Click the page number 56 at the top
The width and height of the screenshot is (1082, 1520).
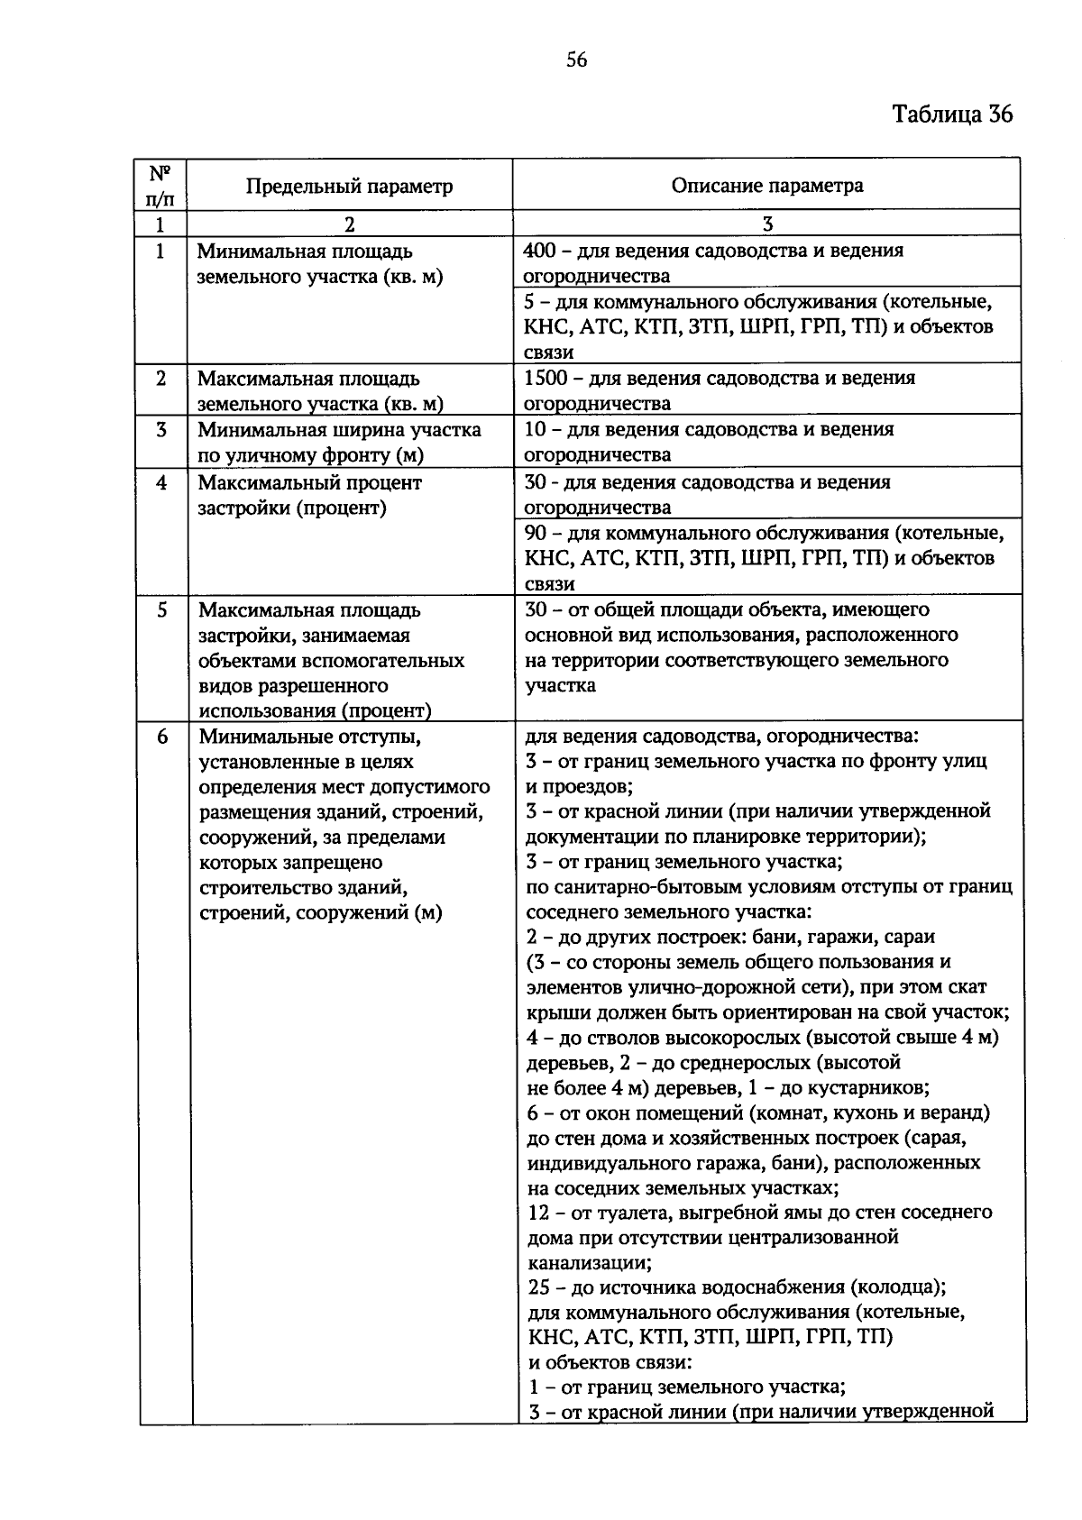tap(576, 60)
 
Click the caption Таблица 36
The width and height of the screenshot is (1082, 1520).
tap(952, 114)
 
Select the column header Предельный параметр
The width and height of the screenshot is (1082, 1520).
tap(349, 187)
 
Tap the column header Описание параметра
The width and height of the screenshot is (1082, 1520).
tap(766, 186)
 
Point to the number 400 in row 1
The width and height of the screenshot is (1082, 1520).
tap(539, 251)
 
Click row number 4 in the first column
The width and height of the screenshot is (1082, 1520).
tap(161, 482)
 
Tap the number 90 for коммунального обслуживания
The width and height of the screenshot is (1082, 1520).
tap(536, 533)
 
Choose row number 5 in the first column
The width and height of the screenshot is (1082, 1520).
tap(161, 610)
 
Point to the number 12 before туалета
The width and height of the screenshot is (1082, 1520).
tap(537, 1212)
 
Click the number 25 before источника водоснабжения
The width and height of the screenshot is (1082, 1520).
tap(538, 1286)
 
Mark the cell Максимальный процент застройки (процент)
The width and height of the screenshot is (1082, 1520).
tap(309, 495)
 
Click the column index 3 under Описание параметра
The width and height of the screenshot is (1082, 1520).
tap(766, 224)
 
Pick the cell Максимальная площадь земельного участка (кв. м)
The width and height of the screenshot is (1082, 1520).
tap(320, 390)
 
